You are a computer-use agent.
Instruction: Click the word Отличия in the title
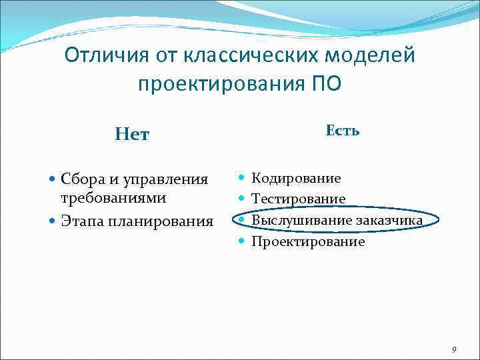[x=104, y=55]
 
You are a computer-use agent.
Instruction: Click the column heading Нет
[x=132, y=135]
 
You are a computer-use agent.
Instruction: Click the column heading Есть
[x=343, y=131]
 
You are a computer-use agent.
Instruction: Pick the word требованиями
[x=113, y=197]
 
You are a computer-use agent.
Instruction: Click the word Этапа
[x=81, y=221]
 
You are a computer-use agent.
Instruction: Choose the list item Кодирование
[x=295, y=178]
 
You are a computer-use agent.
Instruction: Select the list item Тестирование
[x=298, y=199]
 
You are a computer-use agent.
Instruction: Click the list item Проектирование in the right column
[x=307, y=241]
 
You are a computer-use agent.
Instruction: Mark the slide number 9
[x=454, y=349]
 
